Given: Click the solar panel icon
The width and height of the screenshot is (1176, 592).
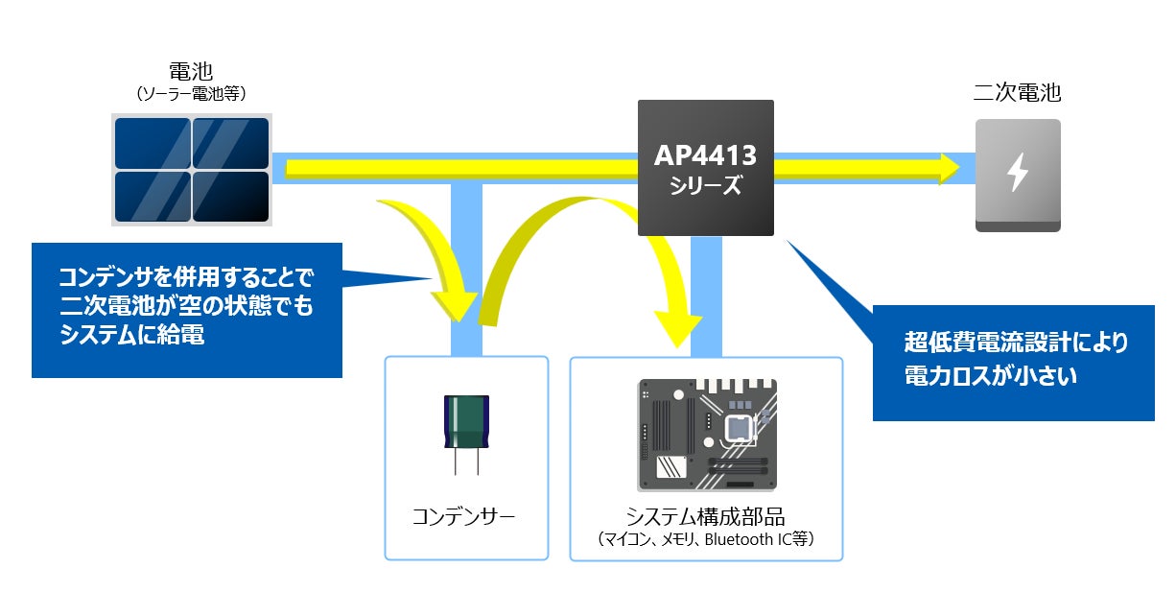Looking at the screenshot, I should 192,170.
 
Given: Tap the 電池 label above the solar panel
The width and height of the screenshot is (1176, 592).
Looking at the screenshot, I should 193,71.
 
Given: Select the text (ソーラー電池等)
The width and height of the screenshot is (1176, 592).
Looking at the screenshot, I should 193,93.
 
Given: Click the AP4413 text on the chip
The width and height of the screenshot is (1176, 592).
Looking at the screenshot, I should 705,154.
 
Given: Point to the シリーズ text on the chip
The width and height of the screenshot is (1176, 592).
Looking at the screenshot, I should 705,185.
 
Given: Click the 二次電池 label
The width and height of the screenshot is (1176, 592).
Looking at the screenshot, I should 1017,93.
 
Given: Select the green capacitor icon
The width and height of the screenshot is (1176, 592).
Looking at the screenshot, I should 464,422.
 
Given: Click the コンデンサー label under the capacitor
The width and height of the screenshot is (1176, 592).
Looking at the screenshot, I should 464,517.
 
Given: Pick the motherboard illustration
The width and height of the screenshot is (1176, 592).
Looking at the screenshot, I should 707,434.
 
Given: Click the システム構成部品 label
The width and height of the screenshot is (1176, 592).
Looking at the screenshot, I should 705,515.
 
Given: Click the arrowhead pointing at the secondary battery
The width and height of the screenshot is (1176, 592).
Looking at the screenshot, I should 950,168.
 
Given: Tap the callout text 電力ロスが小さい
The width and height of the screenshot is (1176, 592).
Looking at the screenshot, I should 990,376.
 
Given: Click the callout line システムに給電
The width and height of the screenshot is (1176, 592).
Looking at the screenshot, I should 131,336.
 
